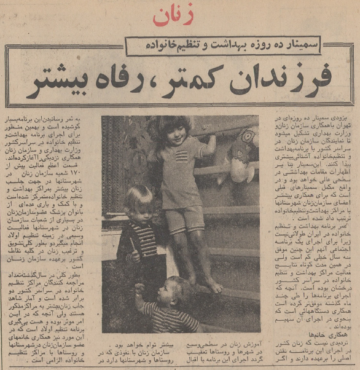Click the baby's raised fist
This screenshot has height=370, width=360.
[139, 287]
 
